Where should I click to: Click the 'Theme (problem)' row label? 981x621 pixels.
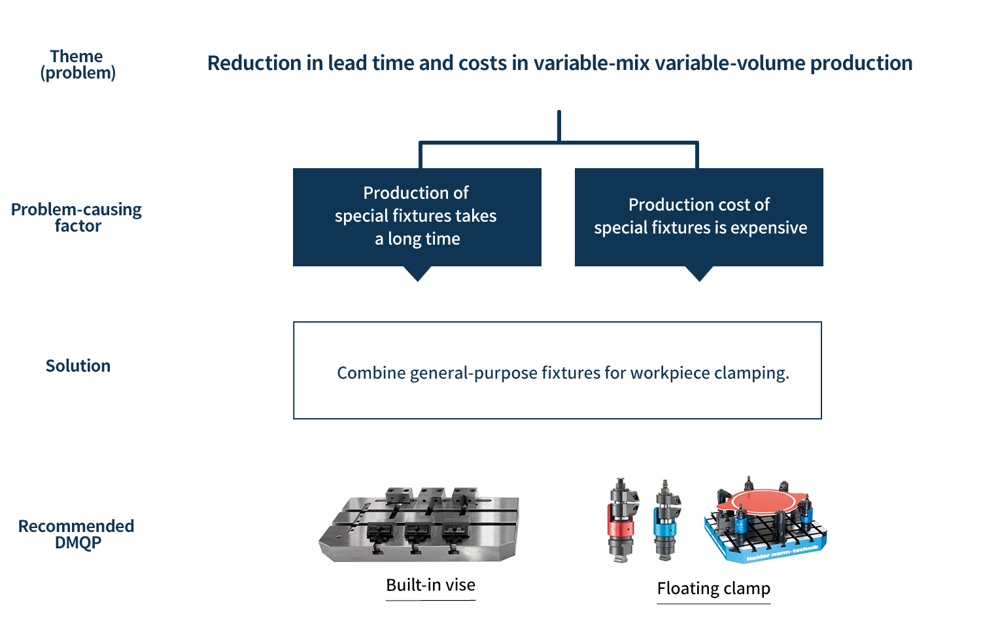(78, 64)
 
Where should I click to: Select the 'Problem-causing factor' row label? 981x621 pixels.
(77, 217)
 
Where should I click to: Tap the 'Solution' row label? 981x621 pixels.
(78, 366)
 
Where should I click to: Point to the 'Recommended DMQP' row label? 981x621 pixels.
(77, 534)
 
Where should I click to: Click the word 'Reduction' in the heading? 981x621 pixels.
(254, 63)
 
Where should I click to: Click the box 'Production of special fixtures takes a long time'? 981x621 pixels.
(417, 217)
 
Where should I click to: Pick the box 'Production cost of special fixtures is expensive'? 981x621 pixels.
(699, 217)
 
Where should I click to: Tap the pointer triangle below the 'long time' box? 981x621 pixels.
(417, 273)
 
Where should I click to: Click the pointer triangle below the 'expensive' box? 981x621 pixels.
(699, 273)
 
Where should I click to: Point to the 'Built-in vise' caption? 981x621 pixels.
(430, 585)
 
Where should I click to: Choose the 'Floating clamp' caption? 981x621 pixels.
(714, 588)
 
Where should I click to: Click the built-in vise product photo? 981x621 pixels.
(419, 524)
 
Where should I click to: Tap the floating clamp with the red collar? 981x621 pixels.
(621, 521)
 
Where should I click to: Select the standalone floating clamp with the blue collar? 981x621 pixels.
(667, 521)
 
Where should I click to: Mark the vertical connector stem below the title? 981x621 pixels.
(559, 126)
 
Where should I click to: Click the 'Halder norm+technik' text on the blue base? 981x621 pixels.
(782, 554)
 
